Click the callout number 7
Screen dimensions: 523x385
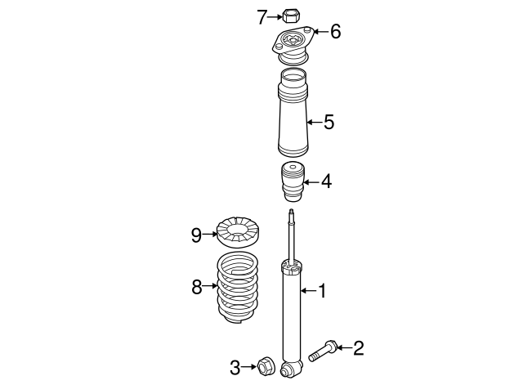point(261,17)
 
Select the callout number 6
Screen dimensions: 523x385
point(336,32)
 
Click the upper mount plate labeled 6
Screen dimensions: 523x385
point(293,45)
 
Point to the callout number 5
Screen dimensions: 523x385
point(329,122)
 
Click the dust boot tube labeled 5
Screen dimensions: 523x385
point(293,113)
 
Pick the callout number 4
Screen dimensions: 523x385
point(327,181)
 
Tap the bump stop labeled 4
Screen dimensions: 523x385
point(293,181)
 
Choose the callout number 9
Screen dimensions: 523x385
point(196,235)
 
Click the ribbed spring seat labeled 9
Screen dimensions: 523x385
point(238,232)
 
